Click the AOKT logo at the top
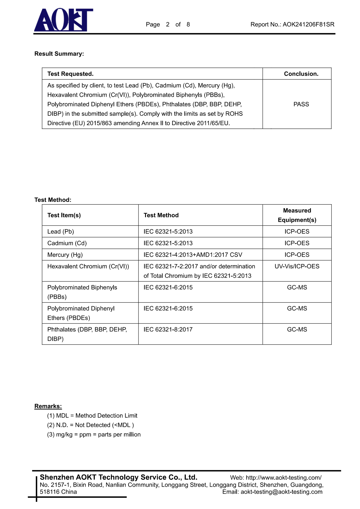[x=63, y=20]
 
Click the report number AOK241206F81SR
[x=308, y=24]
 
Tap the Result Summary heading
[x=59, y=54]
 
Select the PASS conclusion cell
[x=301, y=104]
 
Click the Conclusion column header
[x=301, y=74]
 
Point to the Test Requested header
[x=70, y=74]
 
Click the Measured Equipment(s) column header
[x=297, y=215]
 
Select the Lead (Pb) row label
[x=61, y=232]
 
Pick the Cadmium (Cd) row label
[x=67, y=243]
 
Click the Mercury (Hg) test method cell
[x=193, y=255]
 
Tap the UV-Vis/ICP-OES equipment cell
[x=297, y=266]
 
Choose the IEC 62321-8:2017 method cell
[x=168, y=329]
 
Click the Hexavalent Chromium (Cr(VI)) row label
[x=88, y=266]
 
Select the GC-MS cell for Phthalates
[x=297, y=329]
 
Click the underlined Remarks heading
[x=48, y=406]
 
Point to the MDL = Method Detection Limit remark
[x=92, y=416]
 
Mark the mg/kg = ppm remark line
[x=94, y=434]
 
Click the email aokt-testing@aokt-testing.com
[x=281, y=492]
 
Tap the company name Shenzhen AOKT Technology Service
[x=118, y=477]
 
